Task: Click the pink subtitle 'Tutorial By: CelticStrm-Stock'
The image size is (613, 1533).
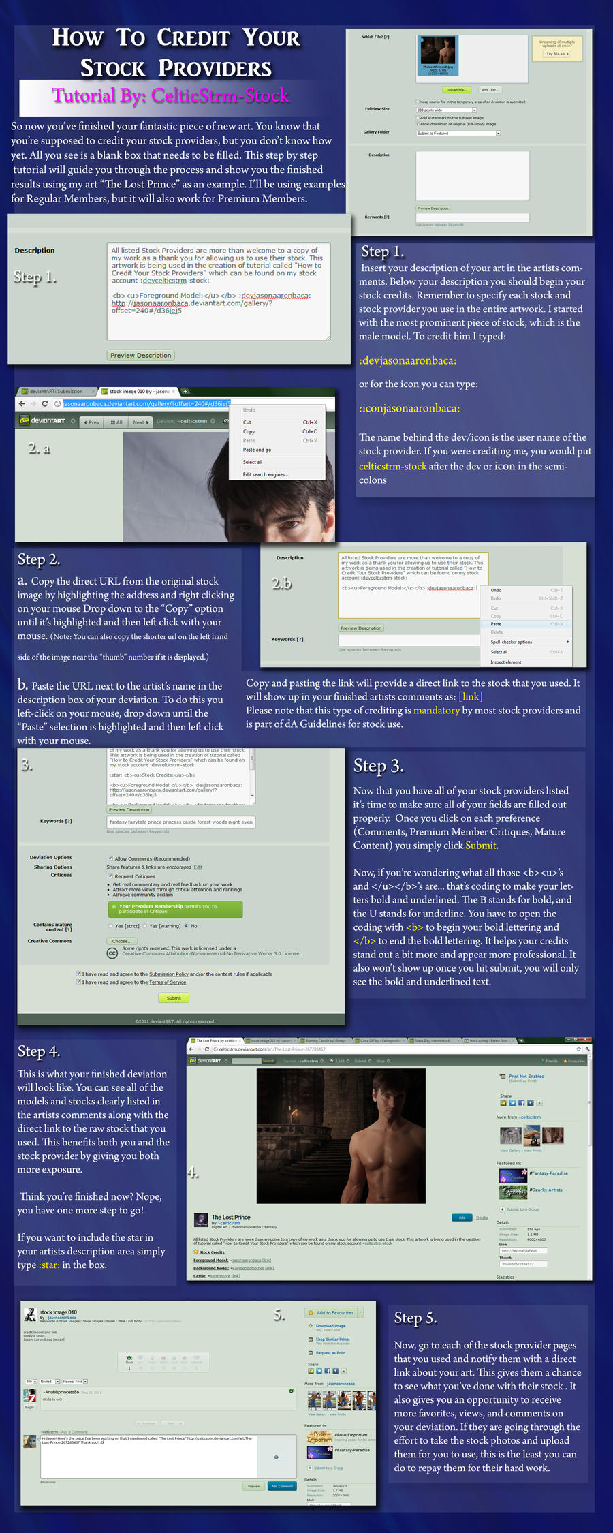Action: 170,96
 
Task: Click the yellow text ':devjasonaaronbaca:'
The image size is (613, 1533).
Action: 407,360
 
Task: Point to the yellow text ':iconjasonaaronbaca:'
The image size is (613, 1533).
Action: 409,408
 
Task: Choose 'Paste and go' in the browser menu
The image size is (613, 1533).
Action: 257,450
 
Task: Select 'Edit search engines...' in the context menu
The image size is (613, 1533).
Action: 266,474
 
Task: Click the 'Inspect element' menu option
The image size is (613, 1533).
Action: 506,662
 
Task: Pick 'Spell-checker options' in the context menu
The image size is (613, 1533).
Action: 512,642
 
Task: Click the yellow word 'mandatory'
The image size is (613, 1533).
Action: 437,710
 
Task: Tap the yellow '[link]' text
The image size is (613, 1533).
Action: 471,696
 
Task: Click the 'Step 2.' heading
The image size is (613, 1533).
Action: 39,559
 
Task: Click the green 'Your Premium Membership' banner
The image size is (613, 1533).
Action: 175,909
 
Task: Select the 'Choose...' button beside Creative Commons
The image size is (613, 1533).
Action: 121,941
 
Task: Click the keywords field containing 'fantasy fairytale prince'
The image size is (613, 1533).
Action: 180,822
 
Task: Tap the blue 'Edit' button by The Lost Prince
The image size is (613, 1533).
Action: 462,1218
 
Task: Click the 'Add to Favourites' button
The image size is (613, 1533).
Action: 334,1312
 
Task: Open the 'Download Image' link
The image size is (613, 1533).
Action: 330,1326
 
